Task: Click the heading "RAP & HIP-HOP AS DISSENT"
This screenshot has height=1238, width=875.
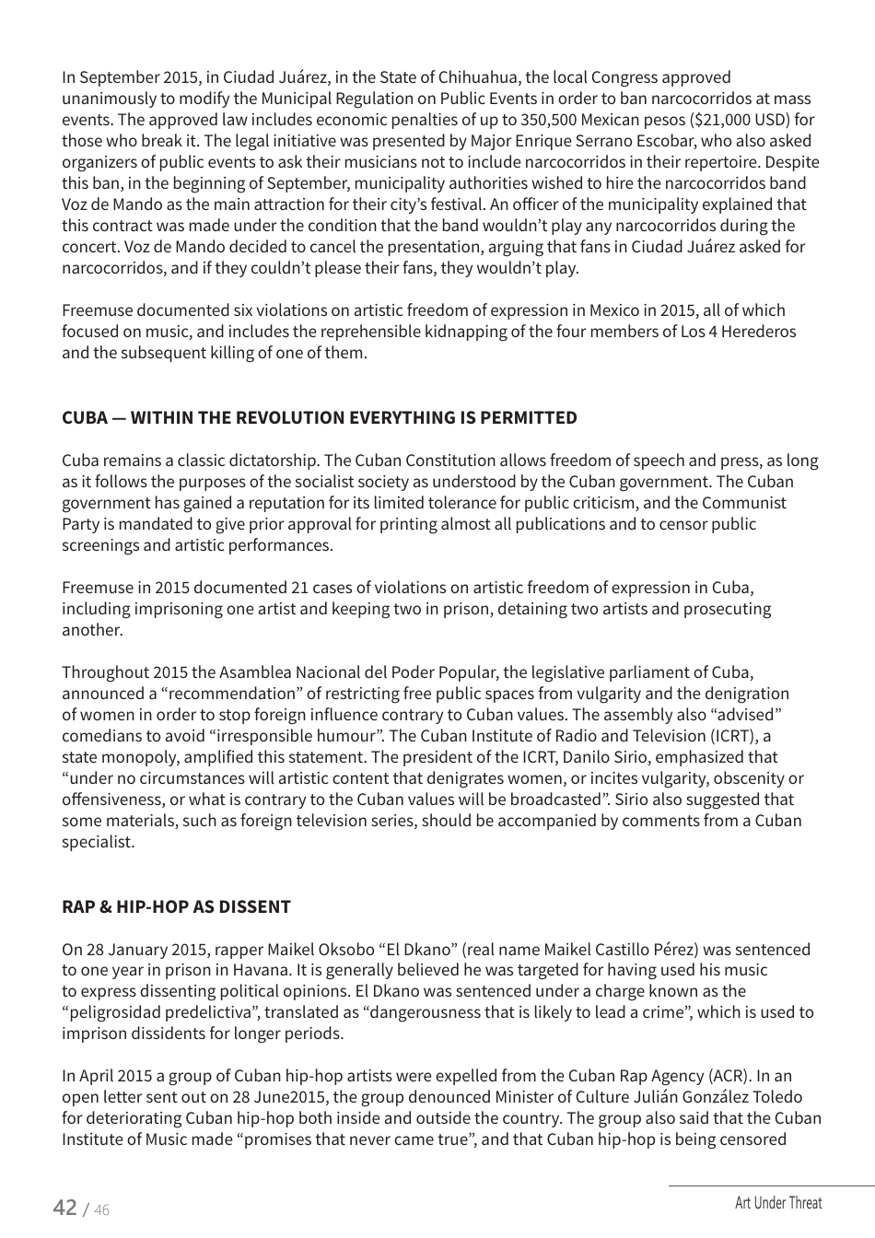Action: (176, 906)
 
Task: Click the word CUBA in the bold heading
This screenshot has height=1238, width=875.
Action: (84, 417)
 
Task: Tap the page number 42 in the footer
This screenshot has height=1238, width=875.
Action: (64, 1208)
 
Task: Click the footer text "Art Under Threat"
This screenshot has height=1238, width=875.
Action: (778, 1203)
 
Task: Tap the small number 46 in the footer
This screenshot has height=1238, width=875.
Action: (101, 1210)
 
